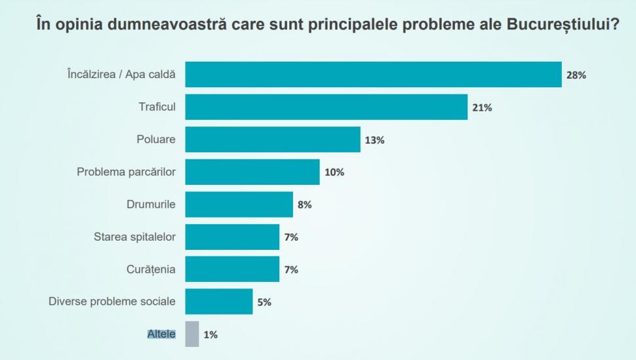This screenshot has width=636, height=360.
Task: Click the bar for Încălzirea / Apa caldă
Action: click(373, 75)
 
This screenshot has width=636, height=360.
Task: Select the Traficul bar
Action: click(326, 107)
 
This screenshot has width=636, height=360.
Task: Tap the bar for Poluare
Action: click(272, 140)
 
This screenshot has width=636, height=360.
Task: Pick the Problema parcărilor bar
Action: click(252, 172)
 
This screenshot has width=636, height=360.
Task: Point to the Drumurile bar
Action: click(239, 205)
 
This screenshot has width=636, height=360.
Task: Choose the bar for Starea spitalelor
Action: click(232, 237)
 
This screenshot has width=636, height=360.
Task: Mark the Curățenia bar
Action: click(232, 269)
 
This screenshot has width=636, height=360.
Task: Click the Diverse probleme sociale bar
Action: click(218, 302)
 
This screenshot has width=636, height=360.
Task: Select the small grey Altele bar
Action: click(191, 334)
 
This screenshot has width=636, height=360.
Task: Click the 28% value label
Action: click(576, 75)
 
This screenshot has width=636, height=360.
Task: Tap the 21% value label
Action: click(482, 108)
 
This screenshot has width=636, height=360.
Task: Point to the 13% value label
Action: click(374, 140)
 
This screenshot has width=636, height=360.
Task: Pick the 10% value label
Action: click(334, 172)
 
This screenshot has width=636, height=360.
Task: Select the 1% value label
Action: click(210, 334)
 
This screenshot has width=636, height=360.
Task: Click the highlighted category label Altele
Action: click(161, 334)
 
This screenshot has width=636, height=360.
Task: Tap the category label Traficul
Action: click(157, 107)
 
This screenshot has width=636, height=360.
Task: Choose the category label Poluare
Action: click(156, 140)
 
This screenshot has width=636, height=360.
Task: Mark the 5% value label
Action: click(264, 302)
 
